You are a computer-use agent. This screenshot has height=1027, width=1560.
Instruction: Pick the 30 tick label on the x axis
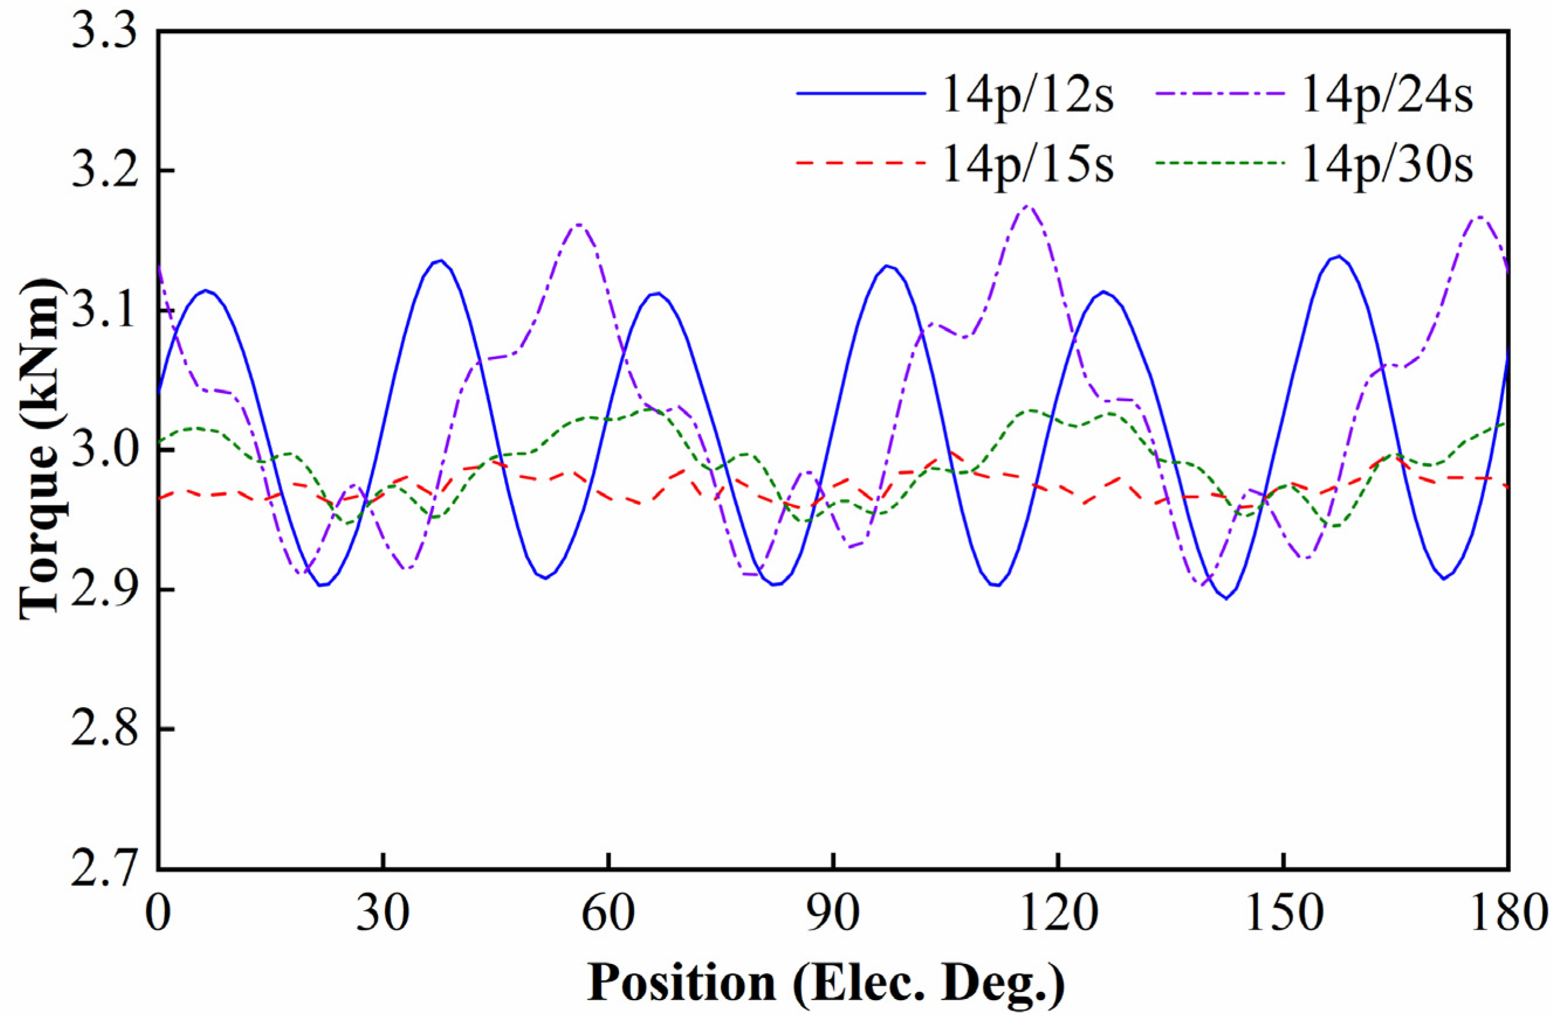click(384, 913)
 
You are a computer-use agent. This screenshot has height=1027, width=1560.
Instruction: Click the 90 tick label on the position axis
click(832, 913)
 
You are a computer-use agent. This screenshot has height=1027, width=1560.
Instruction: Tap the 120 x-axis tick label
click(1058, 913)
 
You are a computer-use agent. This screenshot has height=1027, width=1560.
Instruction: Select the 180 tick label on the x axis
click(1507, 913)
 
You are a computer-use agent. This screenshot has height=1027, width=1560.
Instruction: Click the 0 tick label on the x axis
click(158, 913)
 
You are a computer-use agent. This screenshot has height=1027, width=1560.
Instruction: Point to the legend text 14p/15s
click(1028, 164)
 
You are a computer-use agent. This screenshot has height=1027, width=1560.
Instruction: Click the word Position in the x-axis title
click(681, 983)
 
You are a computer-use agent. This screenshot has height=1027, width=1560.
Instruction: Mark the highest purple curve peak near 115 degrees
click(1027, 206)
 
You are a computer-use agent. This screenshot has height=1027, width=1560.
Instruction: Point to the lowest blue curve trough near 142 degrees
click(1226, 598)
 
